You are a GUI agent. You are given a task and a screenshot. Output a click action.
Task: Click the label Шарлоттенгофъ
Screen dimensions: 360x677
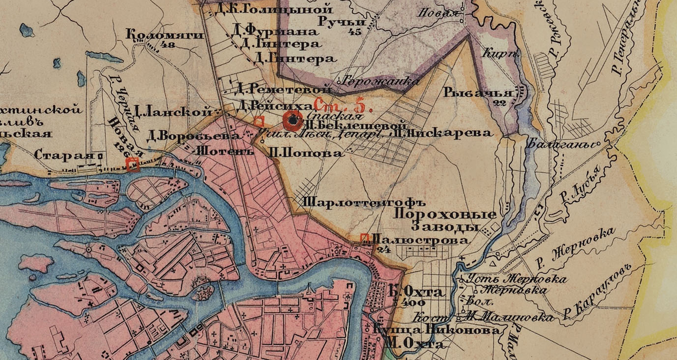tap(355, 201)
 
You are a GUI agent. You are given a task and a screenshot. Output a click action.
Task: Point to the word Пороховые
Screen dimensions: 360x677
tap(444, 214)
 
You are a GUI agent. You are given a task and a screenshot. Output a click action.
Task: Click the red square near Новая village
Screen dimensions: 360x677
tap(133, 164)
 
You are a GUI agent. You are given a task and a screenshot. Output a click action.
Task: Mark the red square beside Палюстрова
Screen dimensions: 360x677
tap(364, 239)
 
